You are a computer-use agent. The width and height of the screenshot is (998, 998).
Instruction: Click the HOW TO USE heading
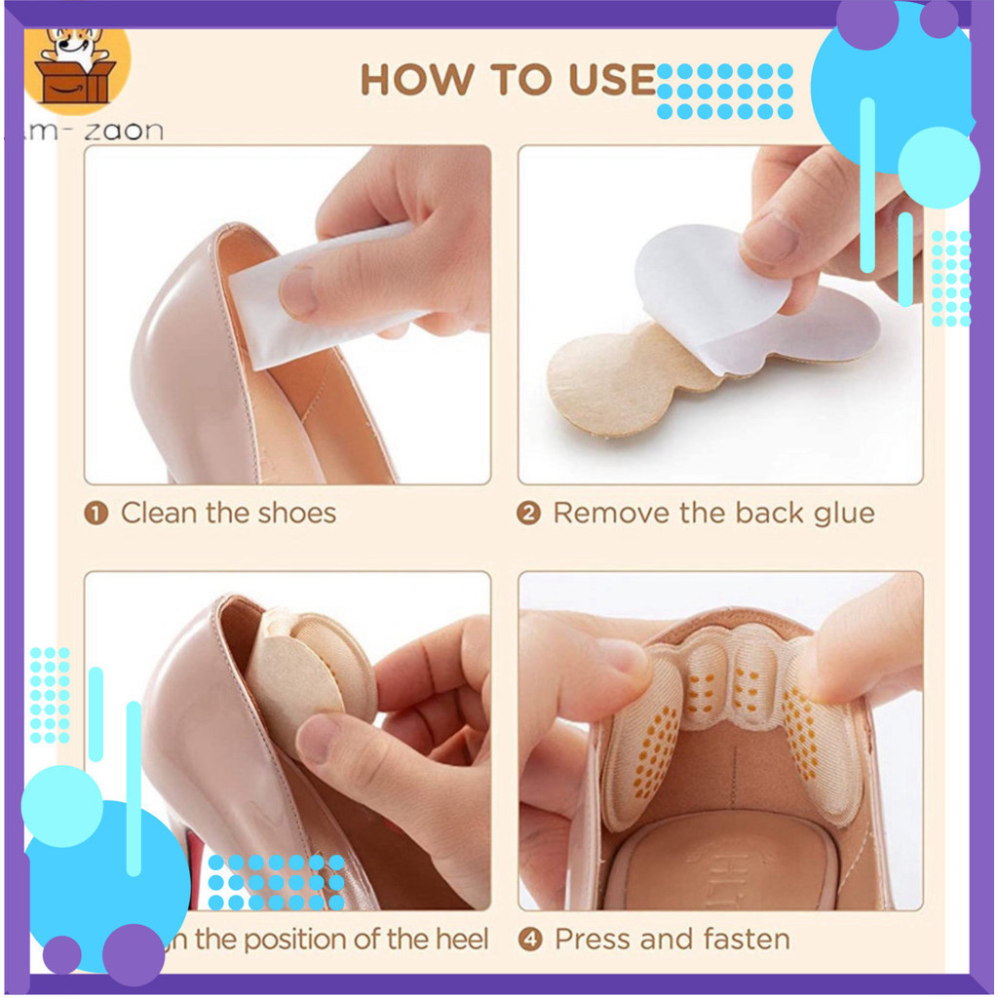(507, 80)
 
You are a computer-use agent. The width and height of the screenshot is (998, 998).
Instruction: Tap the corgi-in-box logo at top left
(75, 65)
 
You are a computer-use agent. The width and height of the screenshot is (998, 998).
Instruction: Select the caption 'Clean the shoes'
(228, 513)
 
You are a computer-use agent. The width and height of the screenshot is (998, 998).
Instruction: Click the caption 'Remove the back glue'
(713, 513)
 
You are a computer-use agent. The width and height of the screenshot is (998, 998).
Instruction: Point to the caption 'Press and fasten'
(672, 939)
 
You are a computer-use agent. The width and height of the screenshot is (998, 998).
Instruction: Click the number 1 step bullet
(96, 514)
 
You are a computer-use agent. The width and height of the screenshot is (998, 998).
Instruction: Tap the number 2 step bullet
(528, 514)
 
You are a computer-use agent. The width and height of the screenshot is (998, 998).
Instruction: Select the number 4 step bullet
(529, 940)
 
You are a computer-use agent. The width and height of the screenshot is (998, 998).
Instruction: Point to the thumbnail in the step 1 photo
(298, 291)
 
